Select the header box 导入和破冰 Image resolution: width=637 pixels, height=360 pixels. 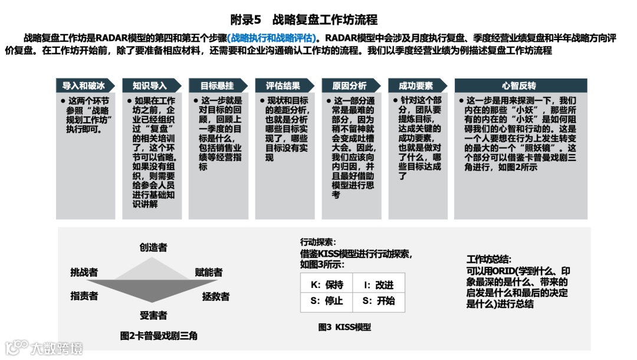pyautogui.click(x=83, y=86)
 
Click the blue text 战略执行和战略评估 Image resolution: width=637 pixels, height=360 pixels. pyautogui.click(x=272, y=38)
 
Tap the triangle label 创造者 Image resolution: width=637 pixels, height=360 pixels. pyautogui.click(x=153, y=247)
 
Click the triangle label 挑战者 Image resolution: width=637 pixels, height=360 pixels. pyautogui.click(x=84, y=272)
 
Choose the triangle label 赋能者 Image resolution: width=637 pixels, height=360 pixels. pyautogui.click(x=209, y=272)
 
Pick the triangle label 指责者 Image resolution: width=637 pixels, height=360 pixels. pyautogui.click(x=84, y=296)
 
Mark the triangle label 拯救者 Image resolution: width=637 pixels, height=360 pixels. pyautogui.click(x=216, y=296)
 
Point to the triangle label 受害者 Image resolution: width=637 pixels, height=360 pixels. pyautogui.click(x=153, y=315)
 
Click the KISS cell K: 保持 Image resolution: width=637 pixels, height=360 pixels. pyautogui.click(x=327, y=284)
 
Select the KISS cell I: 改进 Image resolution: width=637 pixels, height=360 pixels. pyautogui.click(x=379, y=284)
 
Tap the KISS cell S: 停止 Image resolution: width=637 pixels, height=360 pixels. pyautogui.click(x=327, y=300)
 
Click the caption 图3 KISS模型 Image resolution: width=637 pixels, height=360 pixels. pyautogui.click(x=344, y=327)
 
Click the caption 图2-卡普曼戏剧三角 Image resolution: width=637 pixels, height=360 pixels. pyautogui.click(x=159, y=335)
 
